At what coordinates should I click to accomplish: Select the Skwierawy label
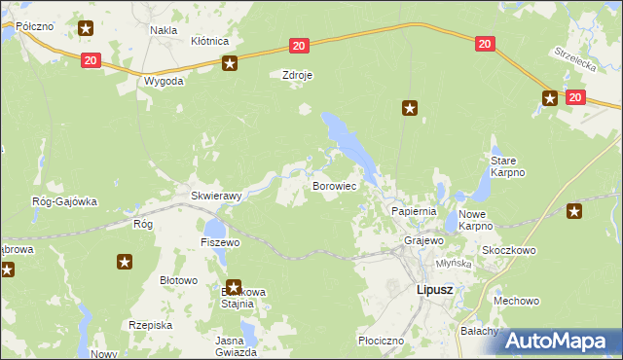point(215,195)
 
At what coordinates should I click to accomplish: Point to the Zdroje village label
point(298,74)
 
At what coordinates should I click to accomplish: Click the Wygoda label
point(164,81)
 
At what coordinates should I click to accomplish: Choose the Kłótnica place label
point(209,41)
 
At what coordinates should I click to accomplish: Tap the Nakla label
point(163,30)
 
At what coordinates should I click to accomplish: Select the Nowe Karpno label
point(475,219)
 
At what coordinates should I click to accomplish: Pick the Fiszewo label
point(219,241)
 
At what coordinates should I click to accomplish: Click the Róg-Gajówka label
point(64,201)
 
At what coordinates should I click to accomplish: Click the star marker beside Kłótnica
point(230,64)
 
